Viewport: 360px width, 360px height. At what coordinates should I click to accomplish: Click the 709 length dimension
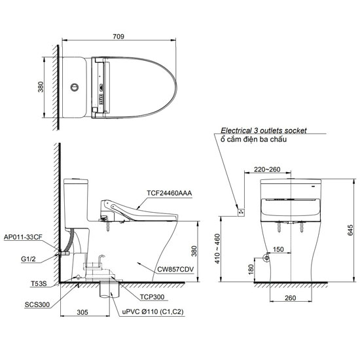pyautogui.click(x=118, y=37)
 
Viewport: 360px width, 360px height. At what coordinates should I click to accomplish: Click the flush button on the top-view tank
pyautogui.click(x=75, y=87)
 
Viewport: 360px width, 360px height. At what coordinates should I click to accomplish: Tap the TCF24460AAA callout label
pyautogui.click(x=170, y=193)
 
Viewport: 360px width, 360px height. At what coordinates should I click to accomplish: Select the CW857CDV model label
pyautogui.click(x=175, y=269)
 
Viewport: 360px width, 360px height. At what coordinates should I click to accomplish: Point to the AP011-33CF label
pyautogui.click(x=23, y=237)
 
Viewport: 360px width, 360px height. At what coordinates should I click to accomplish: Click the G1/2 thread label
pyautogui.click(x=28, y=259)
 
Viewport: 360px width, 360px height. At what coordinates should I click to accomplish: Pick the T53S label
pyautogui.click(x=39, y=284)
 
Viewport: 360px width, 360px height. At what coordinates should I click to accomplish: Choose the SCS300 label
pyautogui.click(x=37, y=304)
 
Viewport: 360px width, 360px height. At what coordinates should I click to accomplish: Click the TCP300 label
pyautogui.click(x=153, y=297)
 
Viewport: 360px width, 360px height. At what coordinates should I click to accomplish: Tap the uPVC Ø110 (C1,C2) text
pyautogui.click(x=153, y=312)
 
